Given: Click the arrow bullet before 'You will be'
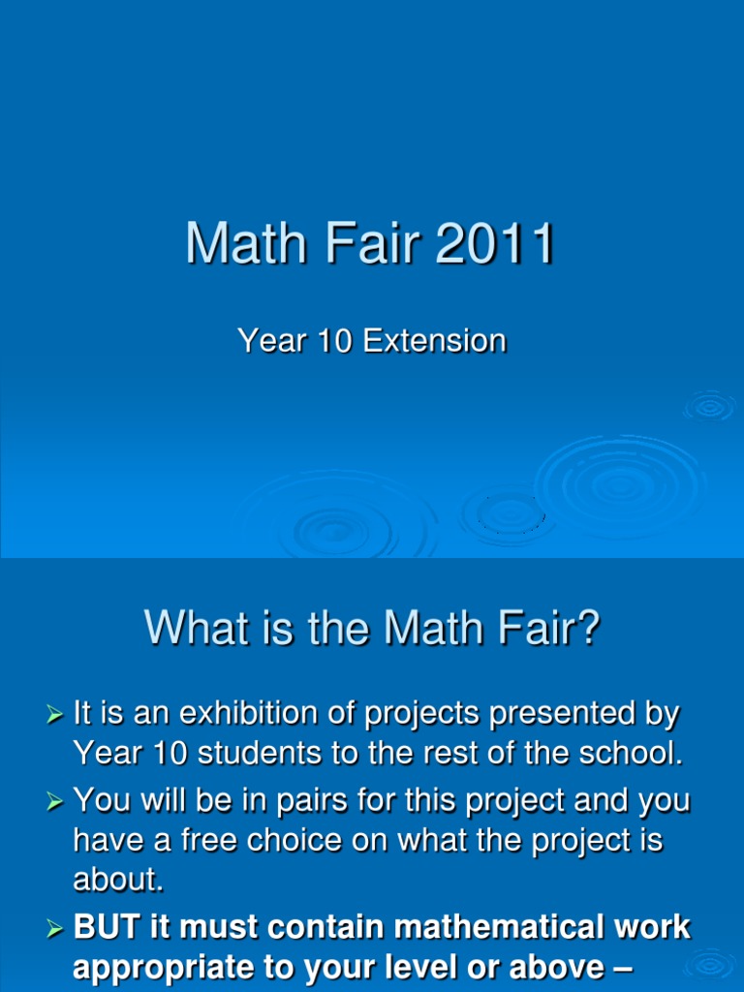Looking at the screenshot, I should click(x=55, y=801).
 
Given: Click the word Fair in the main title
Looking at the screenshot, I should click(x=374, y=244).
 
